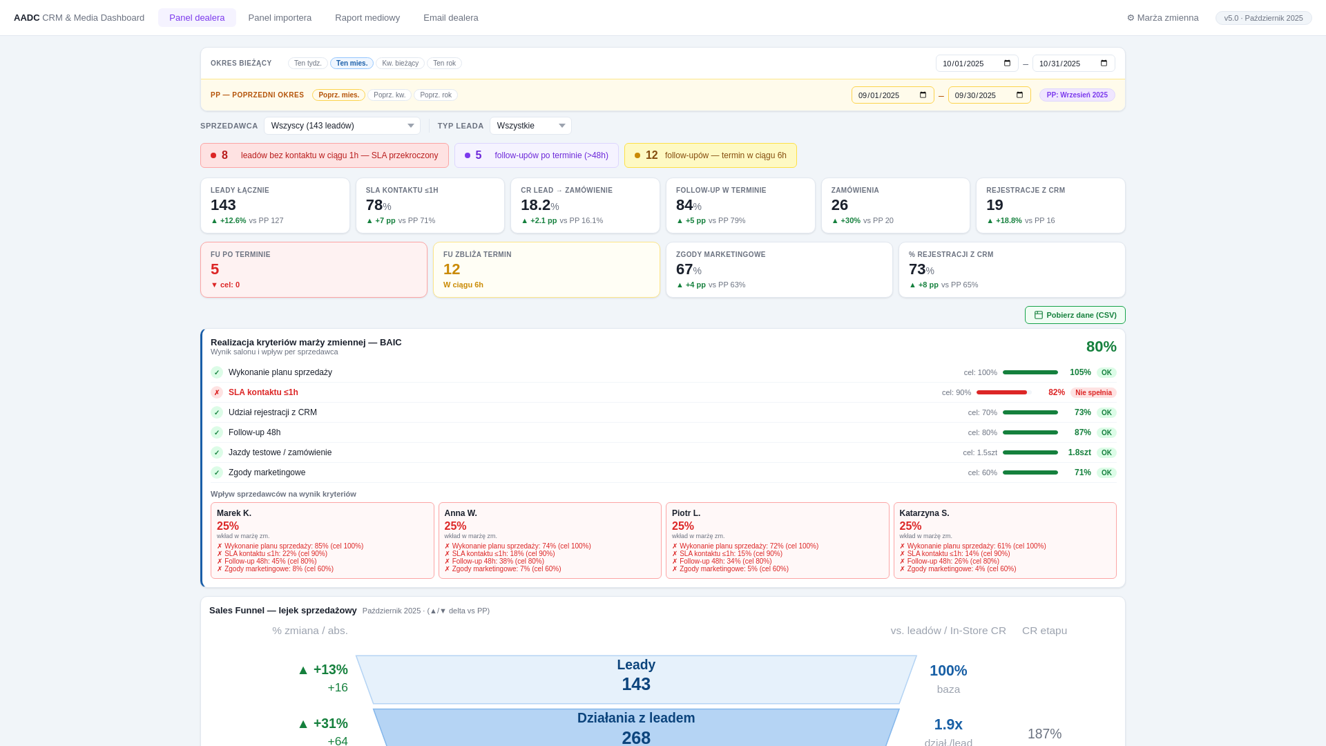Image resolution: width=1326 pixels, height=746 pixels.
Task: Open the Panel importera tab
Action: [280, 18]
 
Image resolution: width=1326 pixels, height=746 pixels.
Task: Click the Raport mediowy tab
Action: [367, 18]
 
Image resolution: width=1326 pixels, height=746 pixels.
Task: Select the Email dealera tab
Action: [450, 18]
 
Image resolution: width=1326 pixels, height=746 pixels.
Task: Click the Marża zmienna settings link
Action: [1162, 18]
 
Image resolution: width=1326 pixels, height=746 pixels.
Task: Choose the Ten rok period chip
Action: [444, 64]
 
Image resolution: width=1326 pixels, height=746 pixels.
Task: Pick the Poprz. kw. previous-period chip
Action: [390, 95]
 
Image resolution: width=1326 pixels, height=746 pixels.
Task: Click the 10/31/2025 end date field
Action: [1073, 64]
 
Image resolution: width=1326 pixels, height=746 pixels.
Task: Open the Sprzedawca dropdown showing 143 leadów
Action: [342, 126]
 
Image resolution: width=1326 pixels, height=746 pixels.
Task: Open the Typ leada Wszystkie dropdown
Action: [530, 126]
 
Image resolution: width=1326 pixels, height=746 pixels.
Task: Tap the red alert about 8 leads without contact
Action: [325, 155]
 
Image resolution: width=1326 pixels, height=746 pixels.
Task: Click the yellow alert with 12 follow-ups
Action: [710, 155]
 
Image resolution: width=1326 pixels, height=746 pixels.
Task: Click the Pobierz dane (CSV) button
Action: [1075, 315]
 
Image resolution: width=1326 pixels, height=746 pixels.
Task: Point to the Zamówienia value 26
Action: [840, 205]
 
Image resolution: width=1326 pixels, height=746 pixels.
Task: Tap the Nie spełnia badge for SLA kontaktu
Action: [1093, 392]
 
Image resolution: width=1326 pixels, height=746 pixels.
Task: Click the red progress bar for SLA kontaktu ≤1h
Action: [1001, 392]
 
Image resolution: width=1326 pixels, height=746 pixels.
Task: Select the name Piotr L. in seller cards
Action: [686, 513]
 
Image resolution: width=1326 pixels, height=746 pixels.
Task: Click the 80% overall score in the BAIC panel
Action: [1101, 347]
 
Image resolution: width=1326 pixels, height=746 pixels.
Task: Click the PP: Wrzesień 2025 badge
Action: [1077, 95]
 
